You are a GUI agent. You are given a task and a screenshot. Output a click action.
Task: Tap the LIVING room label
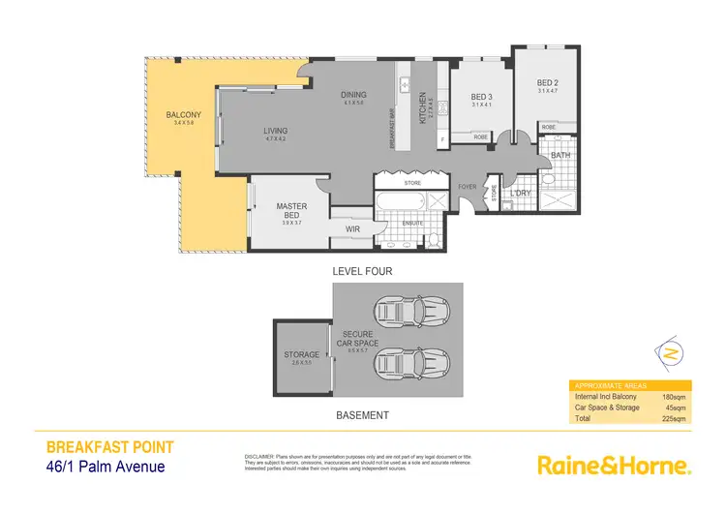click(276, 131)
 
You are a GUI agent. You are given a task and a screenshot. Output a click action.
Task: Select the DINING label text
click(353, 94)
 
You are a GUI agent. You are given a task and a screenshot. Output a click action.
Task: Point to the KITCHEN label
click(422, 111)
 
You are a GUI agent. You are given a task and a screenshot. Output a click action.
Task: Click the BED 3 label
click(482, 97)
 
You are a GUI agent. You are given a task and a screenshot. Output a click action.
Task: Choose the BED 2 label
click(548, 83)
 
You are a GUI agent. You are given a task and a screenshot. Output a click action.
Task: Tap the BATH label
click(560, 155)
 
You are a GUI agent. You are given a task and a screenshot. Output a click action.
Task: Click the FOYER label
click(468, 187)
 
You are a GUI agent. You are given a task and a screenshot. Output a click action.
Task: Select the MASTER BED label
click(291, 210)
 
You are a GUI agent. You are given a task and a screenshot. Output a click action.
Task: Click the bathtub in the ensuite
click(398, 203)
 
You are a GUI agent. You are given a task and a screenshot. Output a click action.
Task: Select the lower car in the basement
click(407, 364)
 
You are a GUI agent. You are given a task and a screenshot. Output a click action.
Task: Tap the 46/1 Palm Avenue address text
click(106, 467)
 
